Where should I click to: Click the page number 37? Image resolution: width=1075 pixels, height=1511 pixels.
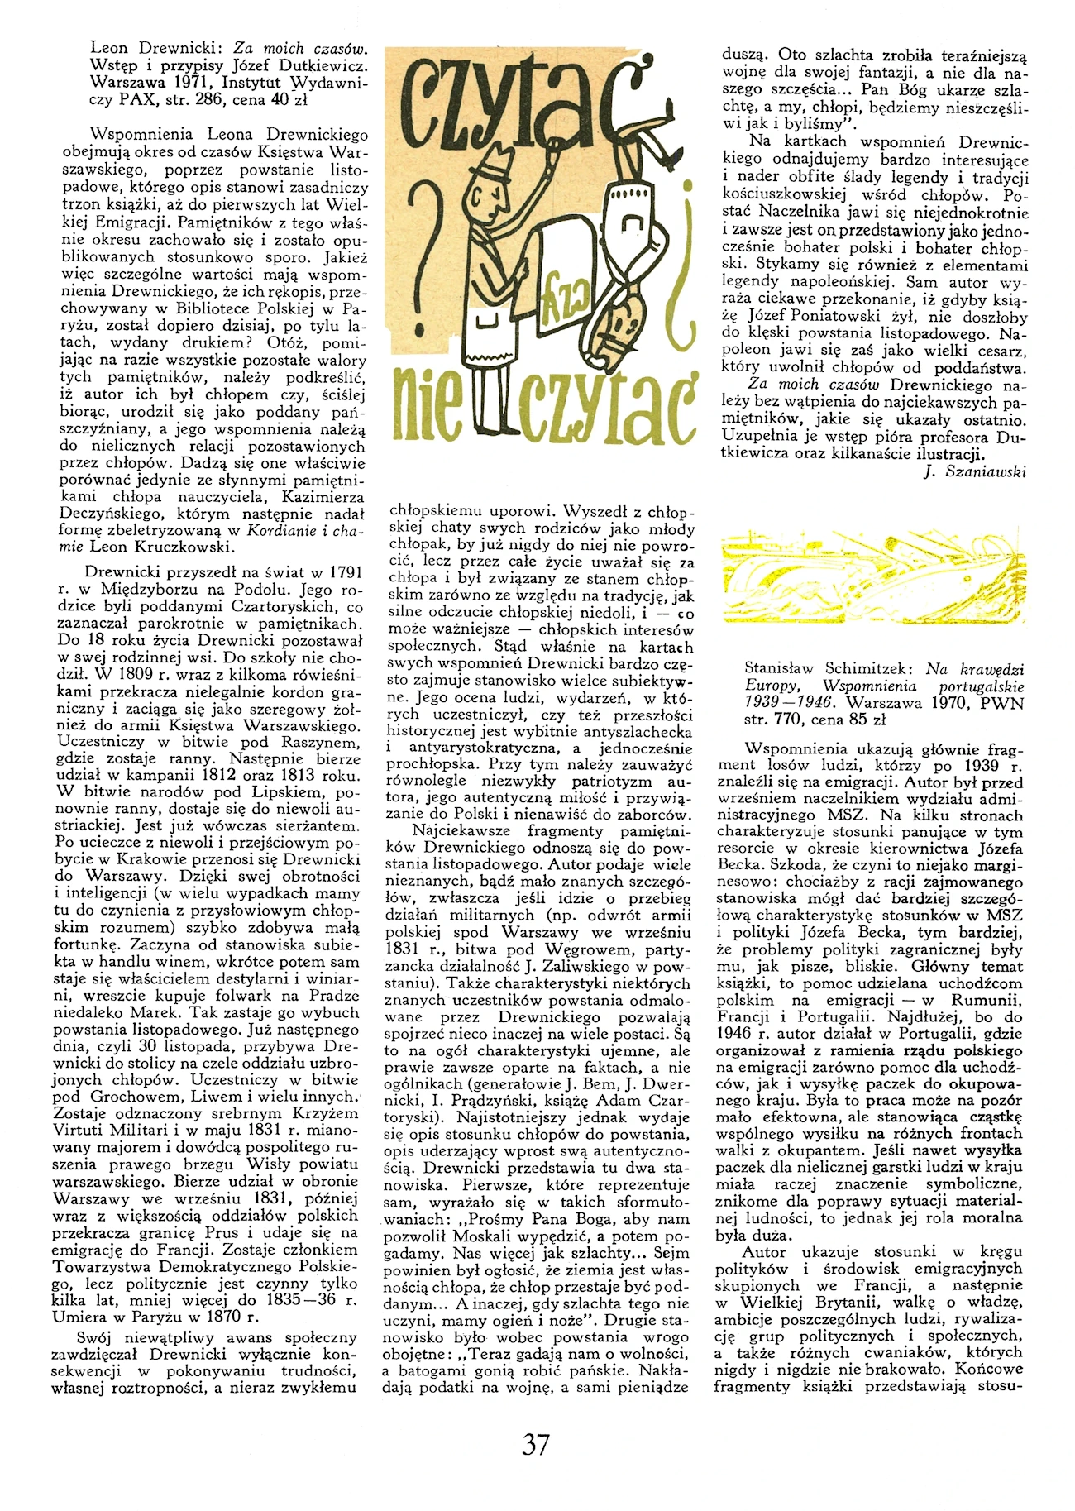tap(536, 1443)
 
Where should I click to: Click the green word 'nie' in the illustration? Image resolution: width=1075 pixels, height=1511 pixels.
tap(428, 408)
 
